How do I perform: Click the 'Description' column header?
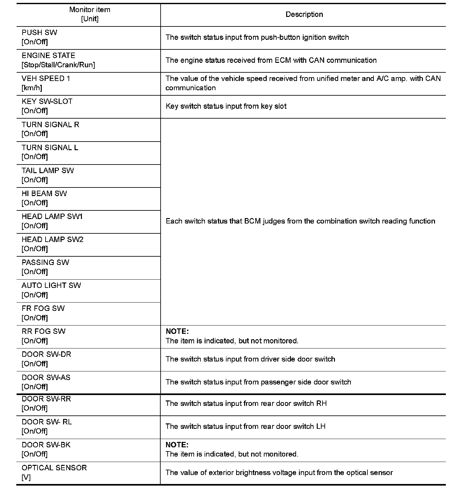tap(304, 14)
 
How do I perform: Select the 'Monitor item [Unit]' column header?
tap(90, 14)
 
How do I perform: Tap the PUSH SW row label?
tap(40, 33)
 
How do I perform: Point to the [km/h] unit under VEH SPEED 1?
tap(32, 88)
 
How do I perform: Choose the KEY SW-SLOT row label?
tap(47, 101)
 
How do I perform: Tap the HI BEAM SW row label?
tap(44, 194)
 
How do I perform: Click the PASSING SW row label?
tap(45, 262)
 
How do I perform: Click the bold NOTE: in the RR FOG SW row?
tap(177, 332)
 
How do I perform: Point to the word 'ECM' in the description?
tap(283, 60)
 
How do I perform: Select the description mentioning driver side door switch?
tap(250, 359)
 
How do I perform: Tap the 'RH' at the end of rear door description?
tap(321, 404)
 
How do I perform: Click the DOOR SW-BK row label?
tap(46, 445)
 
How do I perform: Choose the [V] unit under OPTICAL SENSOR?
tap(26, 477)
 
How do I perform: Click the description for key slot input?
tap(226, 106)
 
